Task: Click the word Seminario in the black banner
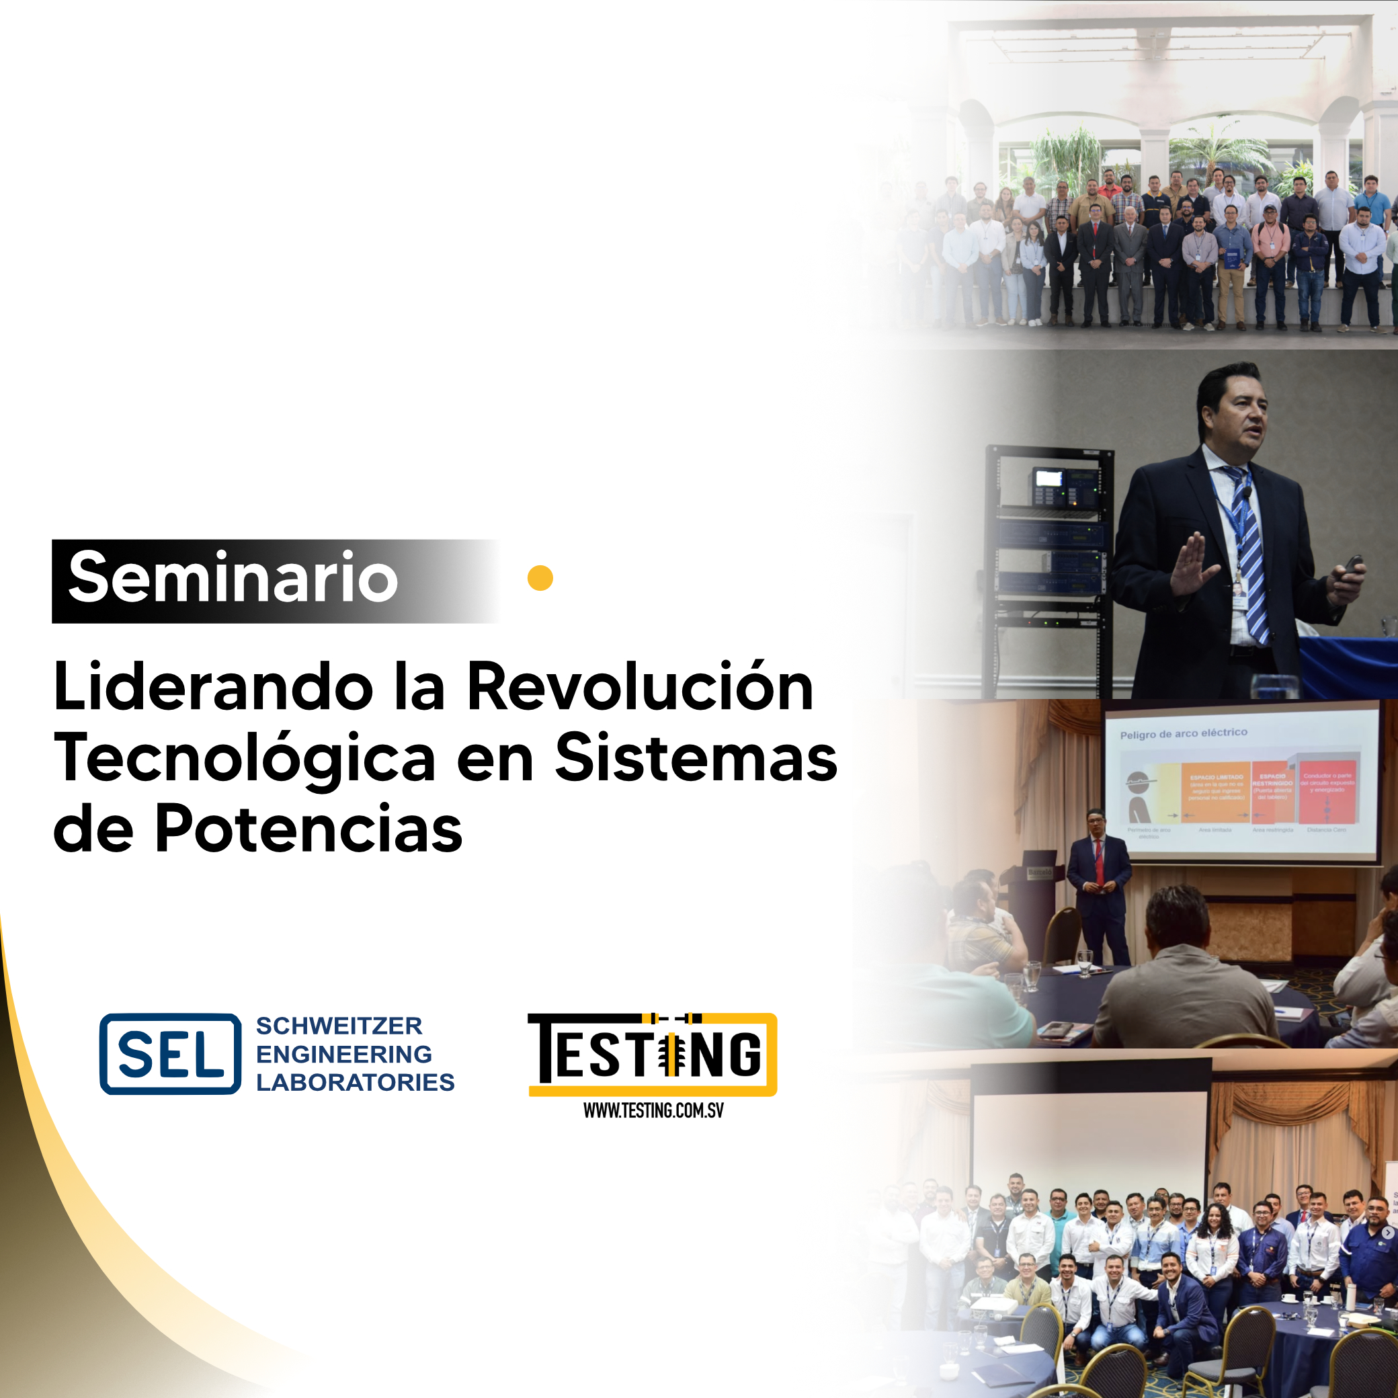coord(233,577)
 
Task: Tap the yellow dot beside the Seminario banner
coord(540,578)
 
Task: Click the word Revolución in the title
coord(641,687)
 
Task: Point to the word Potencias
coord(309,829)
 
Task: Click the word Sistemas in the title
coord(696,757)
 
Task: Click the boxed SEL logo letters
coord(171,1055)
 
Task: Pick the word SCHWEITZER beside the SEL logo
coord(339,1026)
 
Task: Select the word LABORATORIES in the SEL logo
coord(355,1082)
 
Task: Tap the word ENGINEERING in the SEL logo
coord(343,1054)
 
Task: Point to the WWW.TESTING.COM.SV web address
coord(653,1110)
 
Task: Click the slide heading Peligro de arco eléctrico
coord(1183,733)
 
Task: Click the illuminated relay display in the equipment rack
coord(1048,479)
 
